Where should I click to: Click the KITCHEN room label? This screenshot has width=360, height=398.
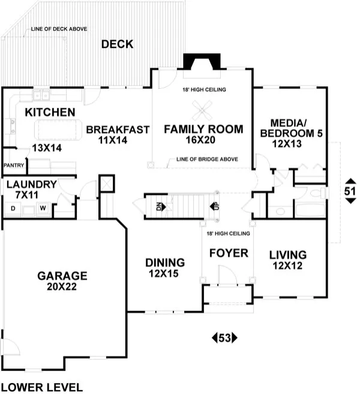coord(50,112)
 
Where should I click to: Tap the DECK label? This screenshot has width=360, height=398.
coord(117,44)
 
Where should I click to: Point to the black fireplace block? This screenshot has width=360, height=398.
coord(201,62)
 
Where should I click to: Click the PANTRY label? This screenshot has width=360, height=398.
coord(13,165)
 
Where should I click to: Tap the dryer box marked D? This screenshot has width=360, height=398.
coord(13,209)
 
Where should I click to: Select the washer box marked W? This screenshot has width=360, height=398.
coord(43,209)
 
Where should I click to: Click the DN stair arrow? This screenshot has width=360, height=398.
coord(158,206)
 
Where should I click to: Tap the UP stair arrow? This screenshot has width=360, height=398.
coord(213,206)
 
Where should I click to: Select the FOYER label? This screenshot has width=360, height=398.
coord(228,254)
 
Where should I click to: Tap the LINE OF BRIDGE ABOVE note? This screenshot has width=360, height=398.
coord(207,160)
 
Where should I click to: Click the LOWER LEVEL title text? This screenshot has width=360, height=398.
coord(41,387)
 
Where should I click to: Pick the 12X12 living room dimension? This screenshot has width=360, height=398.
coord(287,264)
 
